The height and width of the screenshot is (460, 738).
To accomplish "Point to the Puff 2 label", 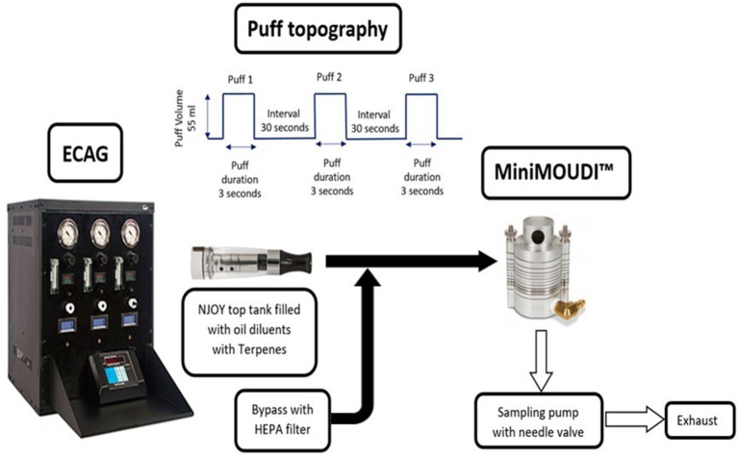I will coord(329,76).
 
